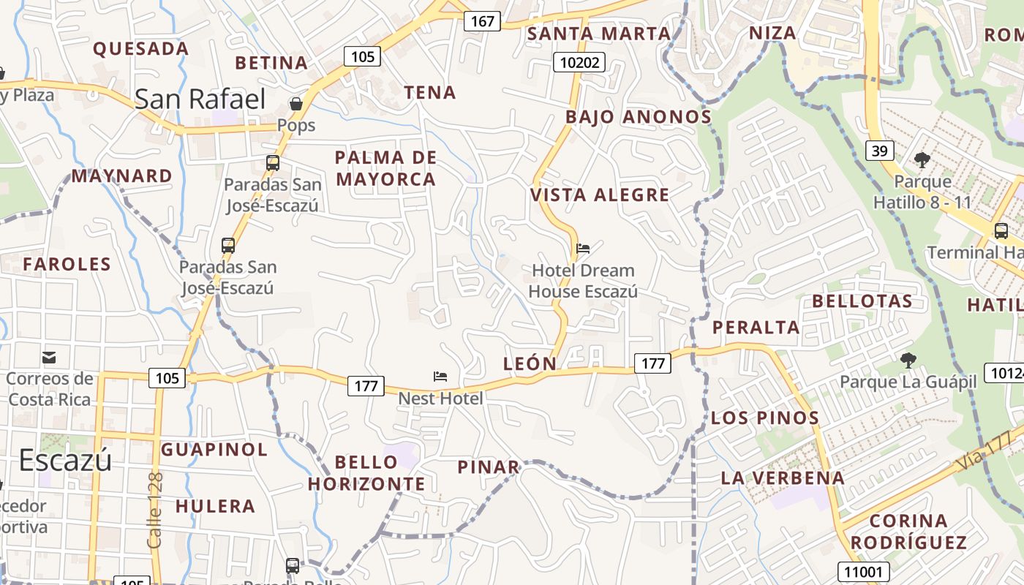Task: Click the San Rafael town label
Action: (200, 99)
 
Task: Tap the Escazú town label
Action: (65, 460)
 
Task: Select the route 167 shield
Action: (482, 21)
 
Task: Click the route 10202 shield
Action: (579, 63)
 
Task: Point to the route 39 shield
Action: (879, 151)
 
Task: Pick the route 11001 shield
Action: (865, 572)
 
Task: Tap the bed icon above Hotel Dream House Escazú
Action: (583, 249)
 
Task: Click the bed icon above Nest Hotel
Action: (440, 377)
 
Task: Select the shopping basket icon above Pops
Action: (296, 104)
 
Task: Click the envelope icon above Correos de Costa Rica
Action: (49, 358)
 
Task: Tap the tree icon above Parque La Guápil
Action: (908, 360)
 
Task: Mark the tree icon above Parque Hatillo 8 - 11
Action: (922, 159)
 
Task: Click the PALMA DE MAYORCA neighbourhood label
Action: (385, 168)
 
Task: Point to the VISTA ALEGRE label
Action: (600, 195)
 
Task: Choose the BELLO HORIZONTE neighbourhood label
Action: (366, 472)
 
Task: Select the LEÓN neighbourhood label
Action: (530, 363)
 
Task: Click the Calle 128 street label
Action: (155, 510)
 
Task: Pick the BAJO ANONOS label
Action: (638, 117)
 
